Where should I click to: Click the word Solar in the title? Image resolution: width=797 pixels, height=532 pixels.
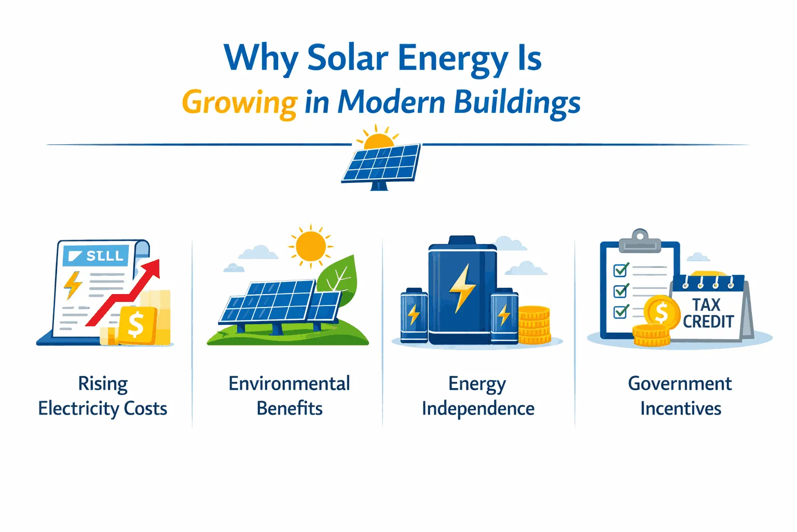tap(348, 58)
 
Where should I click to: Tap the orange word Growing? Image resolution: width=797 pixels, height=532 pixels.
tap(239, 102)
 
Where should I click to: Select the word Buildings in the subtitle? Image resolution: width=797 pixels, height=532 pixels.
tap(517, 102)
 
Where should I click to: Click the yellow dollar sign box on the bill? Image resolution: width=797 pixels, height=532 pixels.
tap(136, 325)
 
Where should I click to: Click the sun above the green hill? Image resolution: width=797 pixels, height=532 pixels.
tap(310, 246)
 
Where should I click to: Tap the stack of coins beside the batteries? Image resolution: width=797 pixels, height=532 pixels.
tap(534, 325)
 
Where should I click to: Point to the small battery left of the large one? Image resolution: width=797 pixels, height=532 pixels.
tap(414, 315)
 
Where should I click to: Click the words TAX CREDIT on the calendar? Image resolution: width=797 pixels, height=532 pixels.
tap(708, 313)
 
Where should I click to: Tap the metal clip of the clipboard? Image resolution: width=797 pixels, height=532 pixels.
tap(640, 241)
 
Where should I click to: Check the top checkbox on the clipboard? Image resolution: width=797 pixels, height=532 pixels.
tap(621, 270)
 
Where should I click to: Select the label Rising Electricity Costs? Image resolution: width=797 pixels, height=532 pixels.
tap(103, 396)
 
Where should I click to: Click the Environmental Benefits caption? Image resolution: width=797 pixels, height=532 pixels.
tap(290, 396)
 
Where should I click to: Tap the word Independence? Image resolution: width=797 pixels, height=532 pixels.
tap(478, 409)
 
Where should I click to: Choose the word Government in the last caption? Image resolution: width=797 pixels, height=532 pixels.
tap(680, 384)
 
